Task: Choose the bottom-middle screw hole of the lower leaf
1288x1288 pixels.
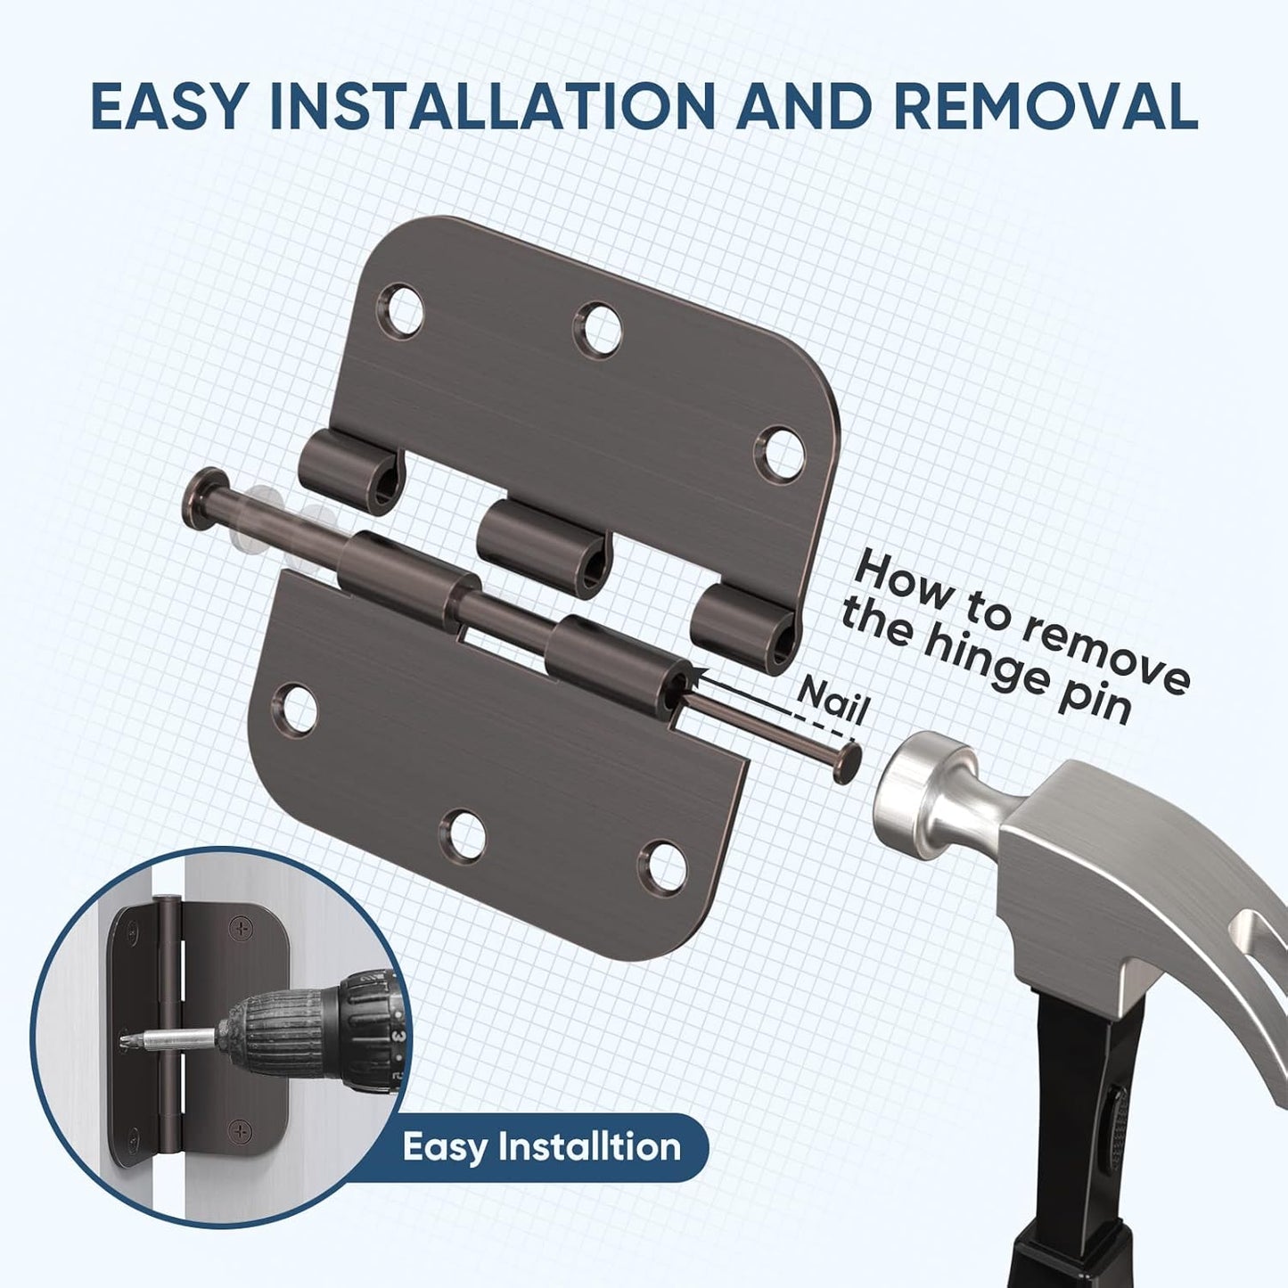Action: pyautogui.click(x=466, y=835)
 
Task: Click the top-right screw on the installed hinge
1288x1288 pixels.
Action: pyautogui.click(x=239, y=928)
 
